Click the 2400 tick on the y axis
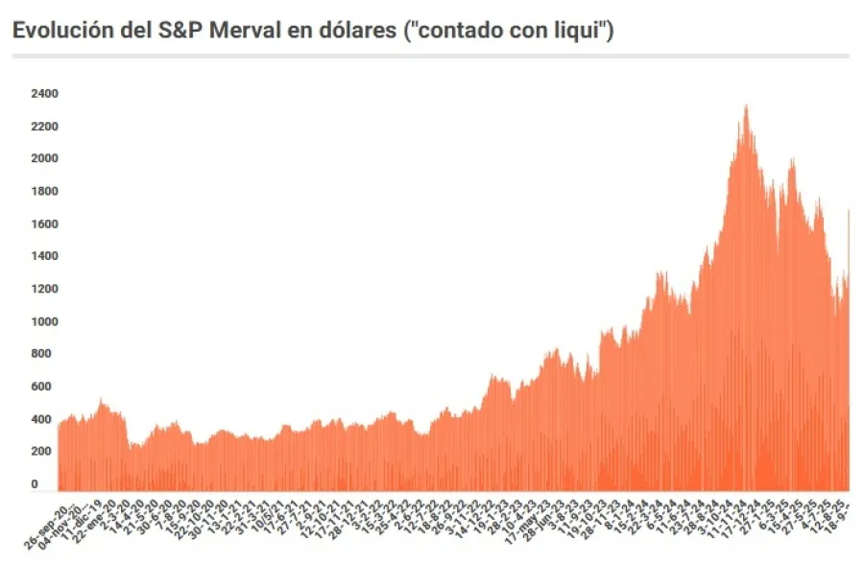[x=44, y=94]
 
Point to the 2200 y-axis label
[x=44, y=127]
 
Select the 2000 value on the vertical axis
[x=44, y=158]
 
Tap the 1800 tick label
[x=44, y=192]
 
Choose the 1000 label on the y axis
[x=44, y=322]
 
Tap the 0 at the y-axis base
[x=35, y=484]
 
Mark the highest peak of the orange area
[x=746, y=106]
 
